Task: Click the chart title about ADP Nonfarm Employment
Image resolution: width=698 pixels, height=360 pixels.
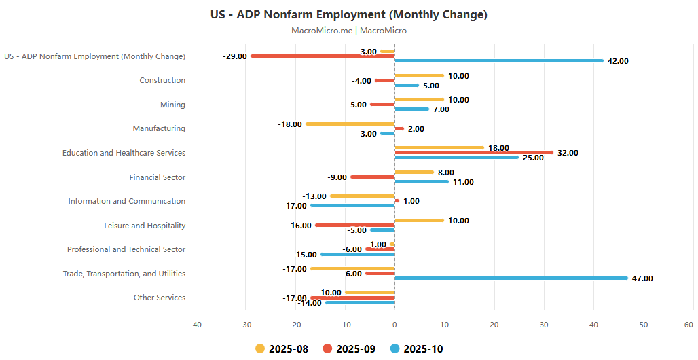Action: [349, 14]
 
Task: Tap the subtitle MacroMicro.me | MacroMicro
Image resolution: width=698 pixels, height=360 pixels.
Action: [349, 31]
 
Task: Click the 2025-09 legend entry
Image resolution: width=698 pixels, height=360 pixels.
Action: [349, 348]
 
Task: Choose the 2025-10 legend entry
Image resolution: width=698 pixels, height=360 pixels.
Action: [416, 348]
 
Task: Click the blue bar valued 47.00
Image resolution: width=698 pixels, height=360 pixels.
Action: [511, 278]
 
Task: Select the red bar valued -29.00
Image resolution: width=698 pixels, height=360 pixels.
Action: [323, 56]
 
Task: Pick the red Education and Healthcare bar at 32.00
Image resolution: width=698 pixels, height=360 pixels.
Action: [474, 153]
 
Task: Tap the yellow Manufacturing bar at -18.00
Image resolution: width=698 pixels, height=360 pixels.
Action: [350, 124]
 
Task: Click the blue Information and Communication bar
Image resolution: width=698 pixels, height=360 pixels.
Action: [352, 205]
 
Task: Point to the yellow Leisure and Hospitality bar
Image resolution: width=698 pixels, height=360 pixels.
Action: [419, 220]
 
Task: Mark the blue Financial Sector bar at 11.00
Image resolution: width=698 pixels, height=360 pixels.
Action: [422, 181]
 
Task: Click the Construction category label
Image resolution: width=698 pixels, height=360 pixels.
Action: [162, 80]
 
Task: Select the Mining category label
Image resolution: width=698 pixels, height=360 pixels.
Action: [172, 105]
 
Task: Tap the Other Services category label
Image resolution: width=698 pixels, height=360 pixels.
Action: [160, 298]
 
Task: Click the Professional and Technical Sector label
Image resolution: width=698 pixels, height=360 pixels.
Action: [126, 249]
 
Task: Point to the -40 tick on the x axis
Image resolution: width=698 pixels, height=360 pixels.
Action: [196, 324]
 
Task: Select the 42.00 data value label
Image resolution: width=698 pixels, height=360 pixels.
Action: [618, 61]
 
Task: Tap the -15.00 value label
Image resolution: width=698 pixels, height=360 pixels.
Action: [304, 255]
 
